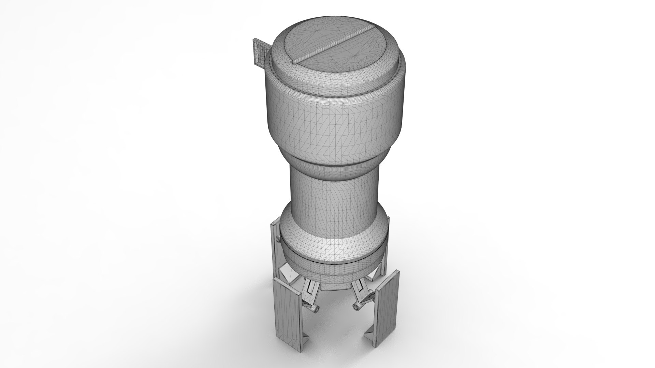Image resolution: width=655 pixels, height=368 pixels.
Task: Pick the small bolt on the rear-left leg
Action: point(277,242)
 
